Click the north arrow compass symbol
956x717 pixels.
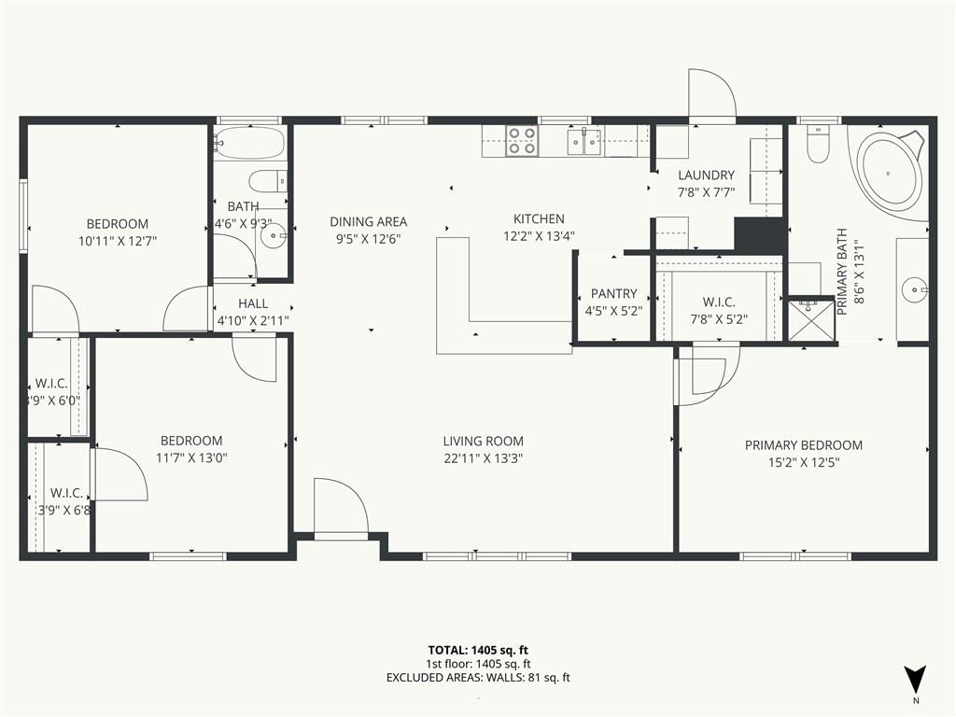pos(915,680)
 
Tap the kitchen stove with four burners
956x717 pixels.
pos(523,141)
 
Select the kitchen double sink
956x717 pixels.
pos(584,142)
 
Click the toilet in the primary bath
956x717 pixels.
pos(818,144)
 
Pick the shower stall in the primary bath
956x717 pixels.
pos(811,319)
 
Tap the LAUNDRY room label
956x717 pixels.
pos(706,176)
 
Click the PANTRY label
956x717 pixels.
pos(614,293)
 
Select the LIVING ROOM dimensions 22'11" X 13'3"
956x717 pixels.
pos(484,458)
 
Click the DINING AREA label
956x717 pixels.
pos(368,222)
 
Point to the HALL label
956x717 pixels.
pos(253,303)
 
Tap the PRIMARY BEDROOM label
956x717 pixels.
pos(804,445)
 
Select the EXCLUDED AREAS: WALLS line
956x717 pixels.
pos(478,678)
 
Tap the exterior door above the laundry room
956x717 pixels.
pos(712,92)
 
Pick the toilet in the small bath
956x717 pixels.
pos(268,181)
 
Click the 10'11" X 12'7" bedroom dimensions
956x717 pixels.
pos(118,241)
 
